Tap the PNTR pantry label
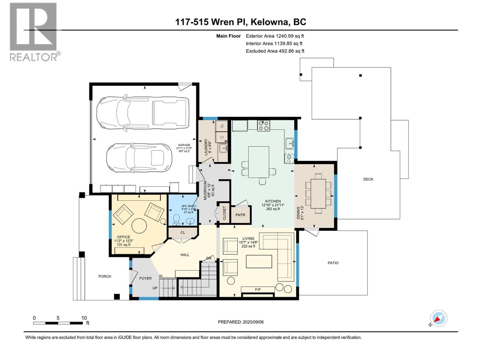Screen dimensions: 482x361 240,215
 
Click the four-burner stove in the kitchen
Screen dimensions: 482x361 264,126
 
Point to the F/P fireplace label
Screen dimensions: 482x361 258,289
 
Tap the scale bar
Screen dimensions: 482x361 58,323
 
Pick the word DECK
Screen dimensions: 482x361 368,179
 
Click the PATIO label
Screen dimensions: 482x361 333,263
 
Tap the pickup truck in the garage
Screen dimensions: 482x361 143,113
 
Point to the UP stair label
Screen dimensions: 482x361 155,288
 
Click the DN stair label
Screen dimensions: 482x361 209,258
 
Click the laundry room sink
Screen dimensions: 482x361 223,148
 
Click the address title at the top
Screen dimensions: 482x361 241,22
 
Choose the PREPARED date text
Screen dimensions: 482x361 241,322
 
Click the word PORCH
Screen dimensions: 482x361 105,276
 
